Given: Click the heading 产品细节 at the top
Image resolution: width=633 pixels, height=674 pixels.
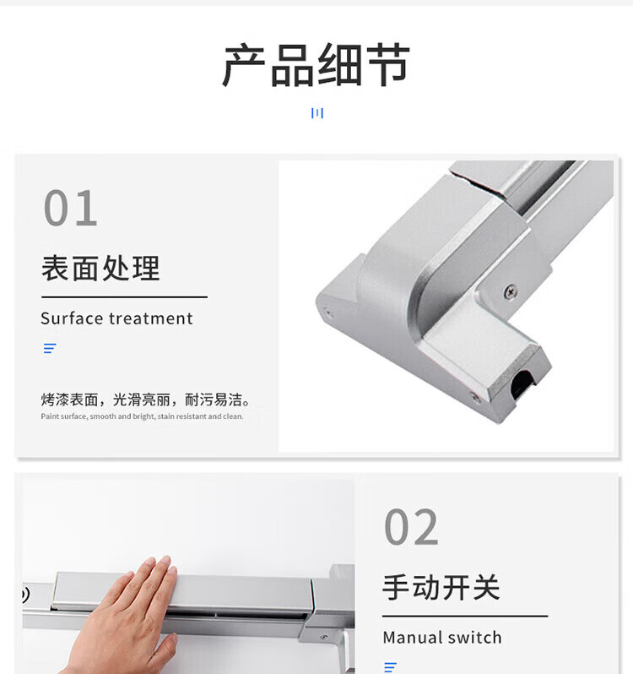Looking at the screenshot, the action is click(316, 64).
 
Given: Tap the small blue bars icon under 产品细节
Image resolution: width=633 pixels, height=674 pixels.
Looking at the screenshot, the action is click(317, 113).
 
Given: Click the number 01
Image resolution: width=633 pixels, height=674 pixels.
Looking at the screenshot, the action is click(70, 208).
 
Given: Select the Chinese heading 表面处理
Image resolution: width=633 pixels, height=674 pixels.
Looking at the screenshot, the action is click(101, 269).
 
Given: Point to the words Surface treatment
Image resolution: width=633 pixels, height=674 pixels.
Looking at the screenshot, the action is click(116, 318).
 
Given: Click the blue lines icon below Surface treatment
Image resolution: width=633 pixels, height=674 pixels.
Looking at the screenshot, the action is click(50, 348).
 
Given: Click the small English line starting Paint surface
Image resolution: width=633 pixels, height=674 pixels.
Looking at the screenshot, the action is click(142, 416).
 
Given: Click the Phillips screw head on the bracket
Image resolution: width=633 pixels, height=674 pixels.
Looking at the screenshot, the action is click(510, 292).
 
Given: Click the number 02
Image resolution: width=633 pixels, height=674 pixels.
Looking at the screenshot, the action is click(411, 527).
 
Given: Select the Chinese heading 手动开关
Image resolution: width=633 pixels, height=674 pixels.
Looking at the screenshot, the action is click(441, 588).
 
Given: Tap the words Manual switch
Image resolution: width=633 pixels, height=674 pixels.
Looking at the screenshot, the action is click(442, 638).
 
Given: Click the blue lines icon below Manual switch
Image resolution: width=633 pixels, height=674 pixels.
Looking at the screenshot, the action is click(391, 667).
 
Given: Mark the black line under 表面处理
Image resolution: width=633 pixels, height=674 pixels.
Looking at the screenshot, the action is click(125, 297).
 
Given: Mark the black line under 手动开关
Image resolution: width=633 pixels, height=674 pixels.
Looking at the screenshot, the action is click(465, 616).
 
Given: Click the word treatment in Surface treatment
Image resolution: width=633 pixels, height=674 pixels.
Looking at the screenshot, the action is click(151, 318).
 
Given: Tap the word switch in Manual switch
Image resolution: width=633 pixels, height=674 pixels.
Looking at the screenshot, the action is click(476, 638).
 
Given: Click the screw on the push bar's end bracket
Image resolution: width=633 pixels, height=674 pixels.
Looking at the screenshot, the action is click(324, 637).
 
